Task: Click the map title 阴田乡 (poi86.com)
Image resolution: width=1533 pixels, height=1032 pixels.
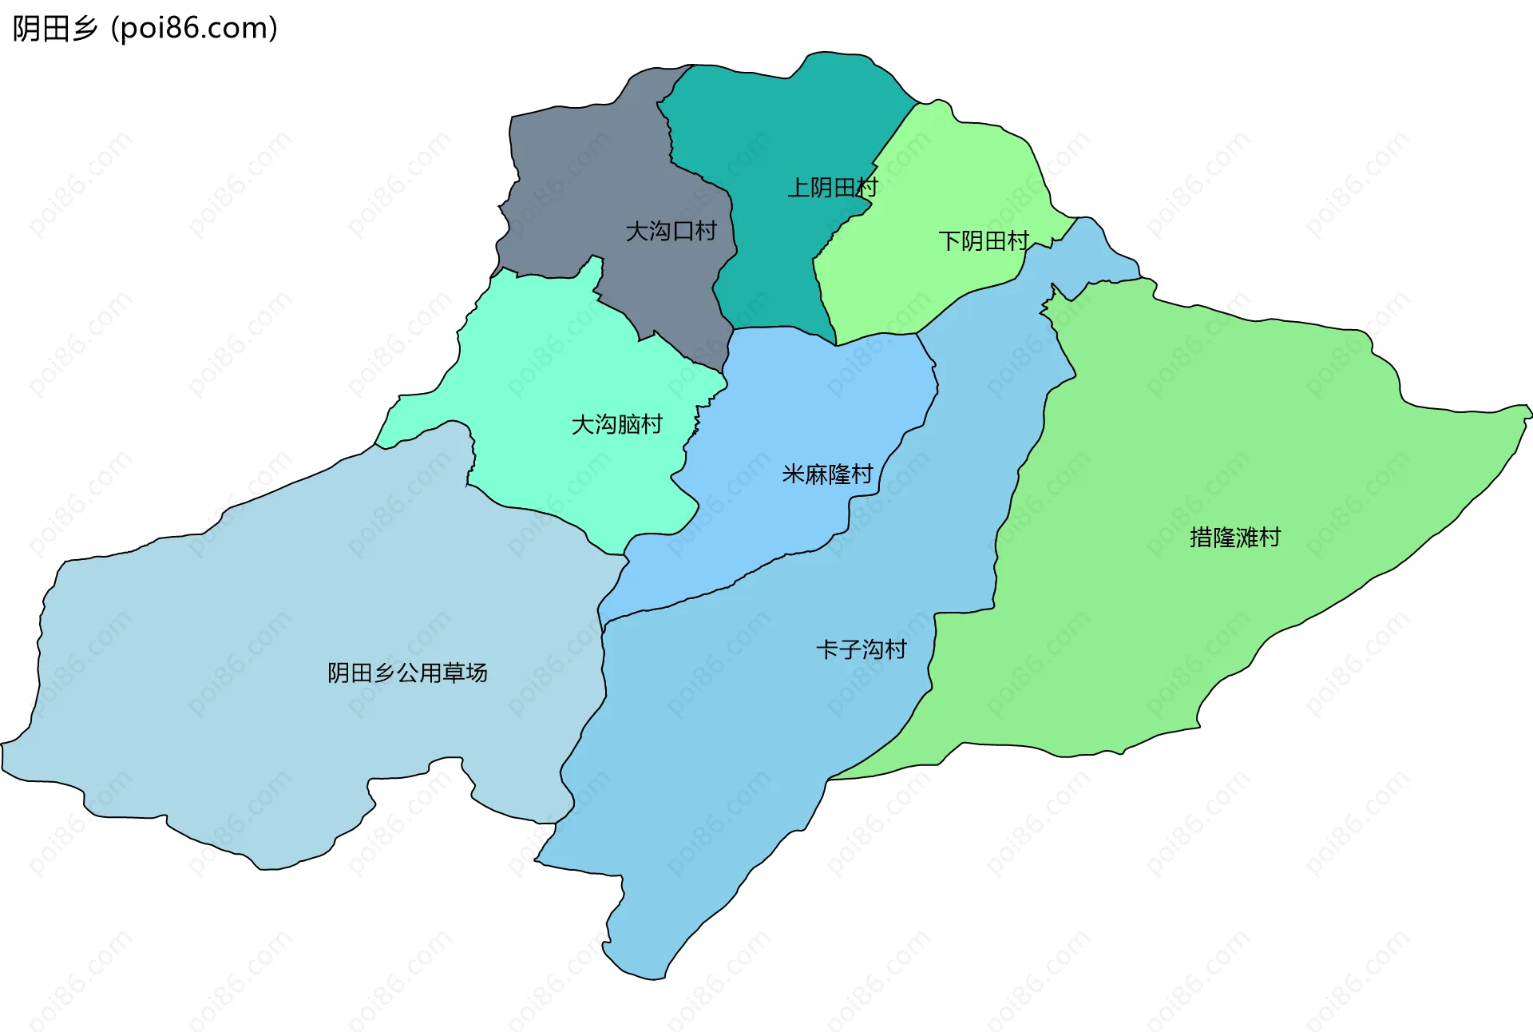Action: [145, 29]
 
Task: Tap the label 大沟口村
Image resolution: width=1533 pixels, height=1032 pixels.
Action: [671, 232]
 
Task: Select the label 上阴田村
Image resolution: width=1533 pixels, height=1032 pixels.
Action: [832, 188]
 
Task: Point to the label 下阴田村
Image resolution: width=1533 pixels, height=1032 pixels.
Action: [983, 240]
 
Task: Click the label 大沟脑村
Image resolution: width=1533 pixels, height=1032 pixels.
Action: [616, 424]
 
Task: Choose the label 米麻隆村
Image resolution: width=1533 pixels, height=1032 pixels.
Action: [827, 474]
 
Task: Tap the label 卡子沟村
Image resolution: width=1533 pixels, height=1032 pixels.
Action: [861, 649]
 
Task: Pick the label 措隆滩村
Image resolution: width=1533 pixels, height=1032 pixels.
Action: [1234, 538]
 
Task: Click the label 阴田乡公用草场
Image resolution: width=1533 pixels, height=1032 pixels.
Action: [407, 673]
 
